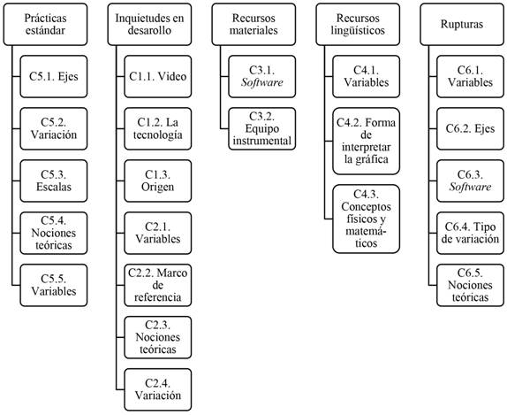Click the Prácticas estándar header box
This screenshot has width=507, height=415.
45,24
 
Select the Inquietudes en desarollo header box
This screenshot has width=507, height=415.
149,24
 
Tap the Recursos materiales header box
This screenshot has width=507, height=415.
253,24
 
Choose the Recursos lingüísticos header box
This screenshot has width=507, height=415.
358,24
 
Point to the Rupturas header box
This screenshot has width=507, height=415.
462,24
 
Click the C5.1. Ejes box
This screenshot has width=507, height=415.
54,76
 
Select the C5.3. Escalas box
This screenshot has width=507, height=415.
54,181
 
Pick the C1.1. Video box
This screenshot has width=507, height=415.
158,76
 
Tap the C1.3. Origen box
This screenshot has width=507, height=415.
158,181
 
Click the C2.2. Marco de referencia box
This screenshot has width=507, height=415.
158,285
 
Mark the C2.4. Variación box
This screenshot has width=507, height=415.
158,389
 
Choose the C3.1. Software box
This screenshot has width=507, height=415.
262,76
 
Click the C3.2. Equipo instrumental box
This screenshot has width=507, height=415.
262,128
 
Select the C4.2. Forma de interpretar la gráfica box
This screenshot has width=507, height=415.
366,142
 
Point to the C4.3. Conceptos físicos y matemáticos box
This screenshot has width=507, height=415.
366,219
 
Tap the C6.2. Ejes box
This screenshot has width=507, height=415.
470,128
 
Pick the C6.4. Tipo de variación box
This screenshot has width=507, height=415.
470,233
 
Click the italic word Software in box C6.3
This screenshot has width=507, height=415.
470,187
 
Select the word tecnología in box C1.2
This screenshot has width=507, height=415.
158,135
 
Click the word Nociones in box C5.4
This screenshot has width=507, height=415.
54,233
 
